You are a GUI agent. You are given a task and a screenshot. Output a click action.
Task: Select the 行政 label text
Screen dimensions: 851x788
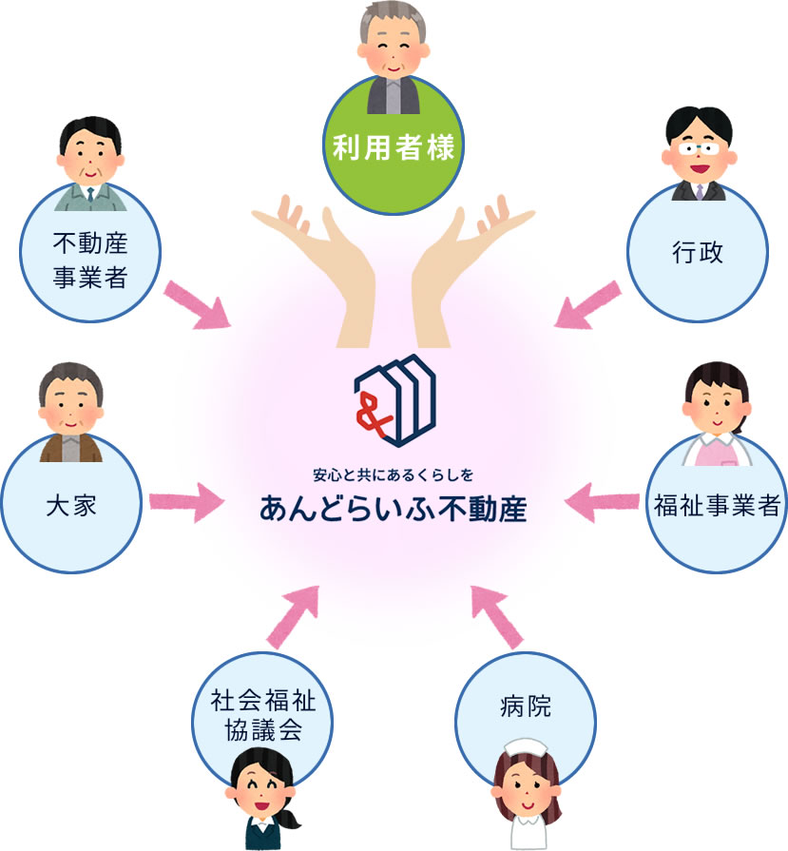(698, 253)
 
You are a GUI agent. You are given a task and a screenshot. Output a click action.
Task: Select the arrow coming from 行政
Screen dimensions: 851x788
(588, 303)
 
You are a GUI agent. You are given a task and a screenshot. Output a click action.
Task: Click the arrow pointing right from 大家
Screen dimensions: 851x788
(184, 501)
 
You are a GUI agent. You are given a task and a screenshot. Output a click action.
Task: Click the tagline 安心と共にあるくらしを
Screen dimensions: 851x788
(393, 473)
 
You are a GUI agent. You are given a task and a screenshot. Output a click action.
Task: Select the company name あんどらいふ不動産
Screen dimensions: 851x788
(393, 507)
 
